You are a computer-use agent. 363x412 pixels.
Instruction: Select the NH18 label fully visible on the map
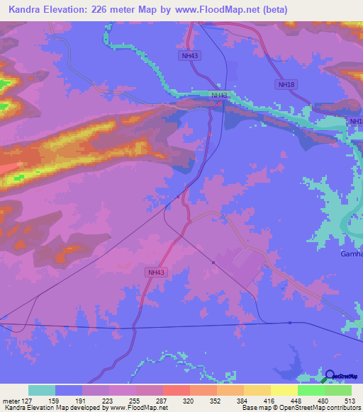284,84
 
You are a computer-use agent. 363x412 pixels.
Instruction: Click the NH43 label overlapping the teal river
219,95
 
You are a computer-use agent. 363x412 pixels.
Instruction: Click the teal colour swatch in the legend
41,390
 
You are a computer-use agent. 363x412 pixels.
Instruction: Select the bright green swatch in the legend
311,390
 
